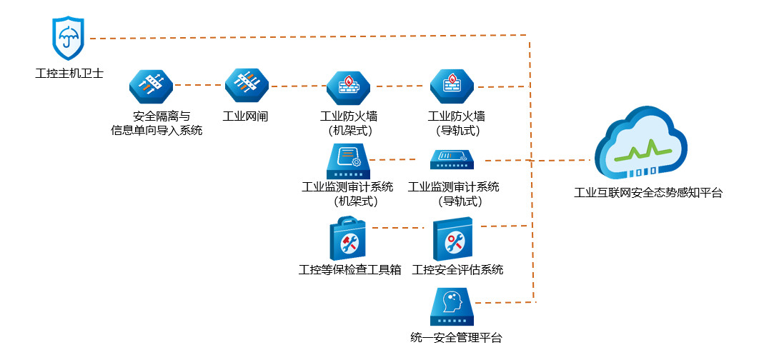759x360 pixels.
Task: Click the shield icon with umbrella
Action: click(69, 39)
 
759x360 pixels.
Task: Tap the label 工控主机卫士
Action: click(69, 72)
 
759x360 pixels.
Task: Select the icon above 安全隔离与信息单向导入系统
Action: click(152, 86)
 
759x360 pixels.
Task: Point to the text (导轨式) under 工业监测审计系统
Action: click(452, 201)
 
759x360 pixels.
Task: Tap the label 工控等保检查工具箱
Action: click(349, 270)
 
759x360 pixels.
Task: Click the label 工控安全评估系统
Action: click(457, 270)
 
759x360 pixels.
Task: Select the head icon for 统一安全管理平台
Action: click(451, 306)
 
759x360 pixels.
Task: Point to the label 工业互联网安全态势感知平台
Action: click(648, 193)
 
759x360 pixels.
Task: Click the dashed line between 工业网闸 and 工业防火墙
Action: click(297, 86)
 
